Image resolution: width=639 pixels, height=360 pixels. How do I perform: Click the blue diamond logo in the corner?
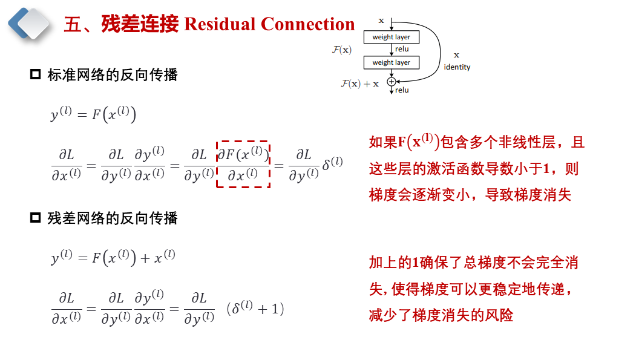(x=28, y=23)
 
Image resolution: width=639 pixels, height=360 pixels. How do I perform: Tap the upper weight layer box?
(x=391, y=38)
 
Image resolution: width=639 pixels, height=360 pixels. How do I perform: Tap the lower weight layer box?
(x=391, y=62)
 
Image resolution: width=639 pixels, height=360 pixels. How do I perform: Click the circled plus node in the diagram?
(x=392, y=81)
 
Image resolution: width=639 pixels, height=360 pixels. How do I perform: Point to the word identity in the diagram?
(x=457, y=67)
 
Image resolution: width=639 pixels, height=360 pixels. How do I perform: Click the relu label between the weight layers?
(x=402, y=49)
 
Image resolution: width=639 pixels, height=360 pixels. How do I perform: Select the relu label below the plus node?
(x=402, y=90)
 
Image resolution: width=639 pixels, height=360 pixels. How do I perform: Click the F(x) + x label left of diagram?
(x=359, y=83)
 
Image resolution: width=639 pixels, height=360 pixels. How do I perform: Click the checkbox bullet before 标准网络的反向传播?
(x=35, y=75)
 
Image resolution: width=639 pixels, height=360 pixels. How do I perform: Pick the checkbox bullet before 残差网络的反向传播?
(x=35, y=218)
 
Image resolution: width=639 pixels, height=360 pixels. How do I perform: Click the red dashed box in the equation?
(x=243, y=165)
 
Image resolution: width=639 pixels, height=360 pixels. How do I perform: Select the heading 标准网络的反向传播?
(x=113, y=75)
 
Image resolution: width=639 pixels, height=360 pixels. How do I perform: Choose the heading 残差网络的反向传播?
(x=113, y=218)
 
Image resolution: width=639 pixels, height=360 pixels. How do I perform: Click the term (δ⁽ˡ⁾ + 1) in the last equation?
(x=255, y=309)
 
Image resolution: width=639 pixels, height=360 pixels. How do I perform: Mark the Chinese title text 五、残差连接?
(x=121, y=24)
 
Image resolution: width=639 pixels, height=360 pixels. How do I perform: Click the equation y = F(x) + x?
(x=113, y=258)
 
